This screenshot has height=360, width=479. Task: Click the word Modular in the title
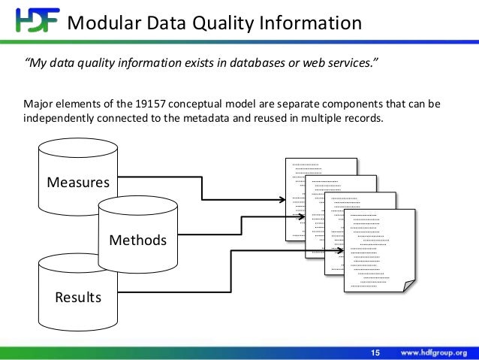(101, 23)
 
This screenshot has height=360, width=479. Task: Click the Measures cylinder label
(78, 183)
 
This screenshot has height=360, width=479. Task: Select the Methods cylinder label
(138, 241)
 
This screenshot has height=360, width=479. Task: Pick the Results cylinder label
(78, 298)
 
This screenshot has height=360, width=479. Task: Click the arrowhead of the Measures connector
(283, 200)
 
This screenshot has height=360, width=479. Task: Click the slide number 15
(376, 352)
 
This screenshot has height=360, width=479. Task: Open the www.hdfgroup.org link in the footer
(435, 352)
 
